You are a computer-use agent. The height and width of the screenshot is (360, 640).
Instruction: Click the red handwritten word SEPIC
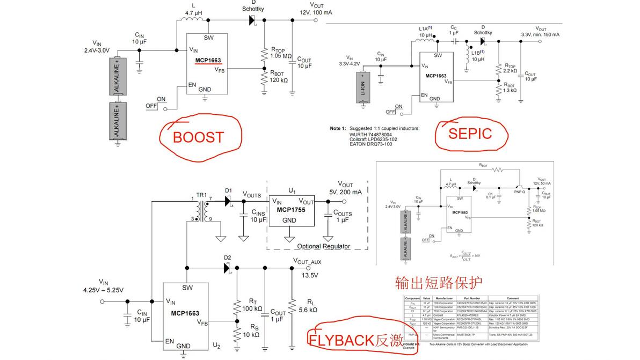point(470,133)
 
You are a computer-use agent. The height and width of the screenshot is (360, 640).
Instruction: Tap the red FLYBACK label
point(340,340)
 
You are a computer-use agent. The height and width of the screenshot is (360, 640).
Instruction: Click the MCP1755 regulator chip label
point(290,210)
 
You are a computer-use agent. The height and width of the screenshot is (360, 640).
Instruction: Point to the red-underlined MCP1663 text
point(208,61)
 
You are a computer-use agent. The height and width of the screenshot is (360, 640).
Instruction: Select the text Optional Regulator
point(323,246)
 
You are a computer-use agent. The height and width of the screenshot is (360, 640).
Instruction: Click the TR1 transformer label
point(201,194)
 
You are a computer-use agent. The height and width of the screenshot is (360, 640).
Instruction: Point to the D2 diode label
point(228,258)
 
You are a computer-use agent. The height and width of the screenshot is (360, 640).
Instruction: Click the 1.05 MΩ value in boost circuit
point(281,56)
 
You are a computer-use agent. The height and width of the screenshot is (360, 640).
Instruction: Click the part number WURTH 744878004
point(375,134)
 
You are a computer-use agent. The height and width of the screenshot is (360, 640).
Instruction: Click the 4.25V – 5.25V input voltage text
point(103,290)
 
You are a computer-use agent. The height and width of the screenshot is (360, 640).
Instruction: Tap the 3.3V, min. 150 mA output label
point(541,34)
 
